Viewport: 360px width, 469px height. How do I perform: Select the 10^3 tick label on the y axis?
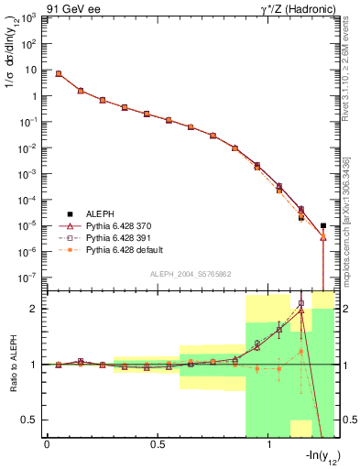(x=28, y=18)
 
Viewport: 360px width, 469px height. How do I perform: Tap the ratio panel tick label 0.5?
(x=31, y=420)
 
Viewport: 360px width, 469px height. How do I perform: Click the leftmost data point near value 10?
(x=59, y=73)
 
